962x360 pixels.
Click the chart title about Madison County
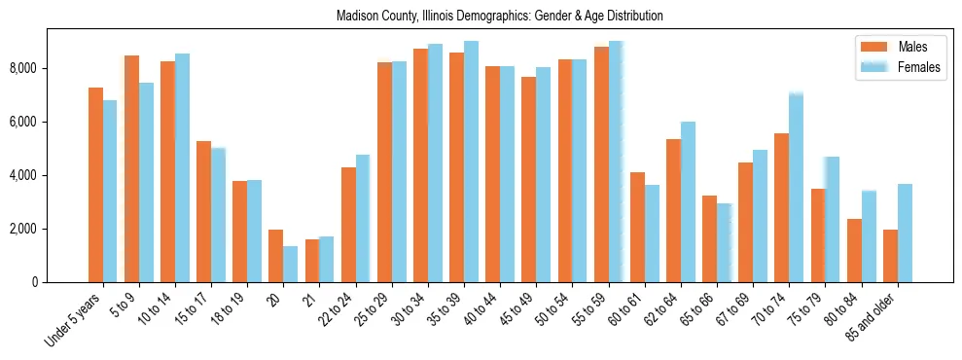[499, 17]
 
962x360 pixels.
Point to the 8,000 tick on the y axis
[23, 68]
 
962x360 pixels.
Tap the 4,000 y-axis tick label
[23, 175]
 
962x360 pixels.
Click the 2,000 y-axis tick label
[23, 229]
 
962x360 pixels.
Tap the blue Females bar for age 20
[291, 264]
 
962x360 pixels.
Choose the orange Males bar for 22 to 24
[348, 225]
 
